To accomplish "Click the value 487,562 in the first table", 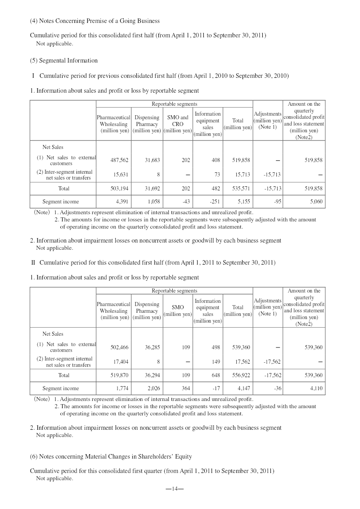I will [120, 160].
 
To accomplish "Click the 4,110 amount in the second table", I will [316, 388].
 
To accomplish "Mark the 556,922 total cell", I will [241, 374].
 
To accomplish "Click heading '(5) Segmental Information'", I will [63, 60].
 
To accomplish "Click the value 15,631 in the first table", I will [120, 174].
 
